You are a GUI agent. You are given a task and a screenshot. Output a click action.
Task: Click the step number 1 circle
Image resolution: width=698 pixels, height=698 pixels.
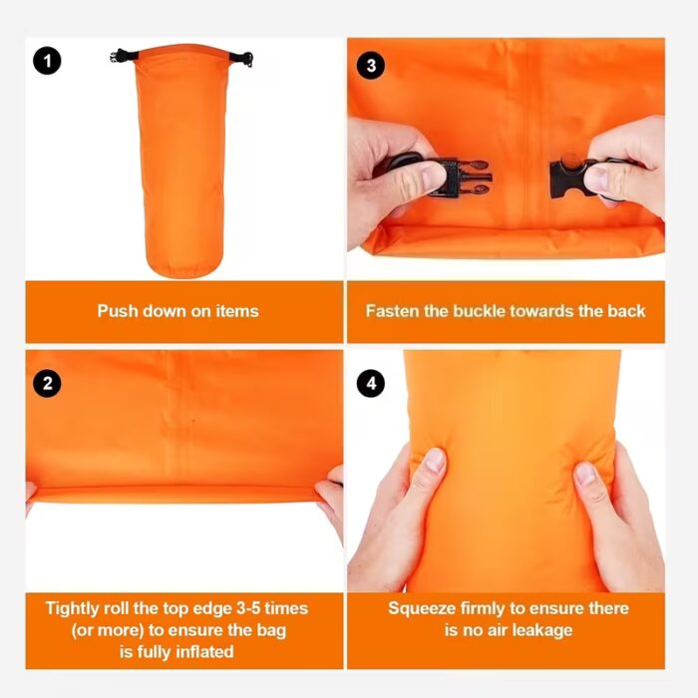[47, 61]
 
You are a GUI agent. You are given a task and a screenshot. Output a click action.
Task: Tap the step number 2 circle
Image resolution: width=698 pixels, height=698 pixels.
[47, 383]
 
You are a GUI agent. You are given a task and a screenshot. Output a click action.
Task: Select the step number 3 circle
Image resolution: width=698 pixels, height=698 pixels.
[371, 66]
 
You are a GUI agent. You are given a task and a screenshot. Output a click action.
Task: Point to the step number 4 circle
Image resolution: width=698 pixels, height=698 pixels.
[371, 383]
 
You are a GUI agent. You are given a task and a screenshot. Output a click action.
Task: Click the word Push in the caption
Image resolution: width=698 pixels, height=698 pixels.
[117, 311]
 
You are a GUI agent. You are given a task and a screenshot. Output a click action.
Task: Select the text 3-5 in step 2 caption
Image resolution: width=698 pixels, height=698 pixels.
[249, 608]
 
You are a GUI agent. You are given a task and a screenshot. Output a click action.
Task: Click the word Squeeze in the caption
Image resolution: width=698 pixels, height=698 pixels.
[422, 608]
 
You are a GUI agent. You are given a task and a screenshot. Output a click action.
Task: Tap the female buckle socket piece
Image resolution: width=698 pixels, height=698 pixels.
[570, 178]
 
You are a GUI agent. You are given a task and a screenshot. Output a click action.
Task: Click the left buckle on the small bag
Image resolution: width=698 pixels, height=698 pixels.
[124, 57]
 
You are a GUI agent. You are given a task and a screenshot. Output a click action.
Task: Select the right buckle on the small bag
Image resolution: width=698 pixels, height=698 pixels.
[241, 59]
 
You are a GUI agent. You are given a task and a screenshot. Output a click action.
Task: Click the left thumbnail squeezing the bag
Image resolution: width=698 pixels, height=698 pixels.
[435, 460]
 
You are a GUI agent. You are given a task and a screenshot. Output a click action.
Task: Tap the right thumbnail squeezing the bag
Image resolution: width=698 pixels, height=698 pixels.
[585, 474]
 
